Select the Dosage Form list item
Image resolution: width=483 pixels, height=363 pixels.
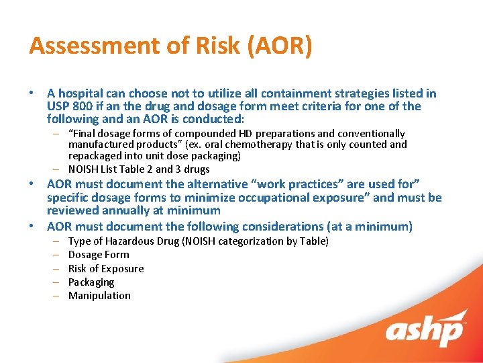[99, 255]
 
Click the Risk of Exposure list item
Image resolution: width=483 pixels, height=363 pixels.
[106, 268]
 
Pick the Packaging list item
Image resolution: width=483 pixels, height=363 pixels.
[91, 282]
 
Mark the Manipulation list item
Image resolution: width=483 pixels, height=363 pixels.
[99, 296]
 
